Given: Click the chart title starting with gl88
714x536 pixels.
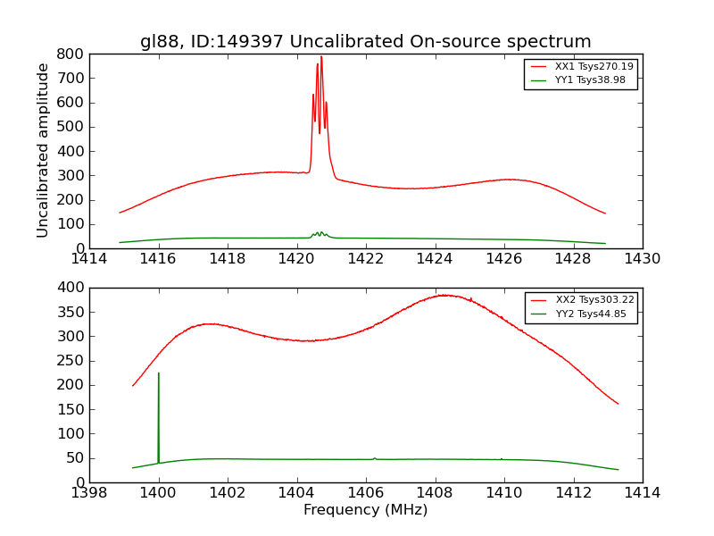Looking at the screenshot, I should click(365, 42).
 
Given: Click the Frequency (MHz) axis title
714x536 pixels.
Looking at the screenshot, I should click(365, 510).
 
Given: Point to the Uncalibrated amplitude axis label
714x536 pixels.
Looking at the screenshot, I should click(43, 150).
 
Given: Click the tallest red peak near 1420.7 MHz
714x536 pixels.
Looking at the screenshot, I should click(321, 57).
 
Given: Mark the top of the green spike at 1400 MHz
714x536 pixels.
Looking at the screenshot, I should click(159, 373).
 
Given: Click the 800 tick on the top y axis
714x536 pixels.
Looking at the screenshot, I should click(72, 54).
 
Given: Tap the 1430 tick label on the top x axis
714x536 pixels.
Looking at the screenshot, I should click(642, 259).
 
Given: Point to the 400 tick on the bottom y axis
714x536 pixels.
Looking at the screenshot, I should click(72, 288).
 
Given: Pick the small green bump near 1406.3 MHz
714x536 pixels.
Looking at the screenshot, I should click(375, 458).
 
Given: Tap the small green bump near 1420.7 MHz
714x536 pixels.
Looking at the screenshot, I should click(320, 232).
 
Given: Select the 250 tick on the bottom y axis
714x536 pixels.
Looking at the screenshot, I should click(72, 361).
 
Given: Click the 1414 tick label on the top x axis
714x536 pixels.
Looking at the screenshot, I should click(89, 259).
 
